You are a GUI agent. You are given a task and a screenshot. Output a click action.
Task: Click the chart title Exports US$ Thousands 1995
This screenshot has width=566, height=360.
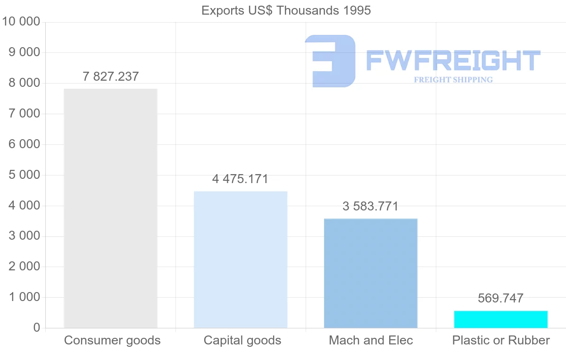pyautogui.click(x=286, y=10)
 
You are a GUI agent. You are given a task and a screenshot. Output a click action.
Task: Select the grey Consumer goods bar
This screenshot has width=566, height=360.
pyautogui.click(x=110, y=208)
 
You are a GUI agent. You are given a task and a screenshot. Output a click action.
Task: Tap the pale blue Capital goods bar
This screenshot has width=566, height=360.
pyautogui.click(x=241, y=260)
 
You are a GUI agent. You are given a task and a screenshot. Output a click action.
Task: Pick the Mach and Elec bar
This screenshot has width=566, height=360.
pyautogui.click(x=371, y=273)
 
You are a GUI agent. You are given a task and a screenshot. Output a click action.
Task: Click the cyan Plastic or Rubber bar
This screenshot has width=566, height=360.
pyautogui.click(x=501, y=319)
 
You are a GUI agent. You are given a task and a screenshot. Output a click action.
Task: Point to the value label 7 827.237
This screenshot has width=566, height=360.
pyautogui.click(x=111, y=76)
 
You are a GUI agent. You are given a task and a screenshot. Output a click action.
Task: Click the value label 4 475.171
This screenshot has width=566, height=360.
pyautogui.click(x=240, y=179)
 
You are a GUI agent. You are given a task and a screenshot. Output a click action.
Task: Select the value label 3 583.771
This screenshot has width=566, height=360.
pyautogui.click(x=371, y=207)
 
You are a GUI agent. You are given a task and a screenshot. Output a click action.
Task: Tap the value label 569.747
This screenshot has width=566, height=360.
pyautogui.click(x=500, y=298)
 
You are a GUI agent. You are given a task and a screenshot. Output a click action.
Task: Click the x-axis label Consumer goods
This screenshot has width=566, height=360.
pyautogui.click(x=112, y=341)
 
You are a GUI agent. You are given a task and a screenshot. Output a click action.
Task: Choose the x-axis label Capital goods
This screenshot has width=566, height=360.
pyautogui.click(x=242, y=341)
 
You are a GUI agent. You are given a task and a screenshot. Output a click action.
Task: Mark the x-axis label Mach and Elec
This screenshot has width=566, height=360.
pyautogui.click(x=371, y=341)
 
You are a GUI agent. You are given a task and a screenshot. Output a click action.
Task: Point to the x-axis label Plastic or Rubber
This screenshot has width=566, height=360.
pyautogui.click(x=501, y=341)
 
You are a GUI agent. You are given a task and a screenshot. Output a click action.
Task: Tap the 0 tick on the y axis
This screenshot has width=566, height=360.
pyautogui.click(x=37, y=328)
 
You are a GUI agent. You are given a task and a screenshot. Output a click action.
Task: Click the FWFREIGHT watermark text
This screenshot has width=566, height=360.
pyautogui.click(x=453, y=60)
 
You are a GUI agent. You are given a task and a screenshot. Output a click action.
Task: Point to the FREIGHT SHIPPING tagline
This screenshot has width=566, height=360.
pyautogui.click(x=453, y=80)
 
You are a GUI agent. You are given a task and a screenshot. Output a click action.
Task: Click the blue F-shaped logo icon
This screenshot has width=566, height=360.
pyautogui.click(x=330, y=61)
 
